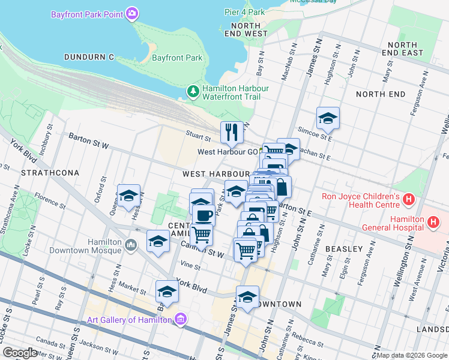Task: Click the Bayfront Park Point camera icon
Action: click(x=133, y=14)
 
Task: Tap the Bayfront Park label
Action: click(x=177, y=58)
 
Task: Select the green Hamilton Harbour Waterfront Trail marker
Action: click(x=193, y=92)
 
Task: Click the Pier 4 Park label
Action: click(x=244, y=12)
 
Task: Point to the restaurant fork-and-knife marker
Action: click(x=231, y=133)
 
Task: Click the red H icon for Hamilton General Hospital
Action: click(x=433, y=223)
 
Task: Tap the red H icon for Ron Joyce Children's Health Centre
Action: click(x=409, y=198)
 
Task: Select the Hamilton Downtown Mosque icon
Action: click(x=132, y=245)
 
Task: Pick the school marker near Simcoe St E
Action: click(x=328, y=119)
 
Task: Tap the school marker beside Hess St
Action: click(x=128, y=196)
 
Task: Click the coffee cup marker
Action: click(x=204, y=215)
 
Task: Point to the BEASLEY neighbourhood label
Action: click(x=344, y=248)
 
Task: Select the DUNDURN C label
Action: click(x=88, y=57)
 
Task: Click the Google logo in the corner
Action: click(x=20, y=353)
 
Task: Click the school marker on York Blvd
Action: click(x=167, y=292)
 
